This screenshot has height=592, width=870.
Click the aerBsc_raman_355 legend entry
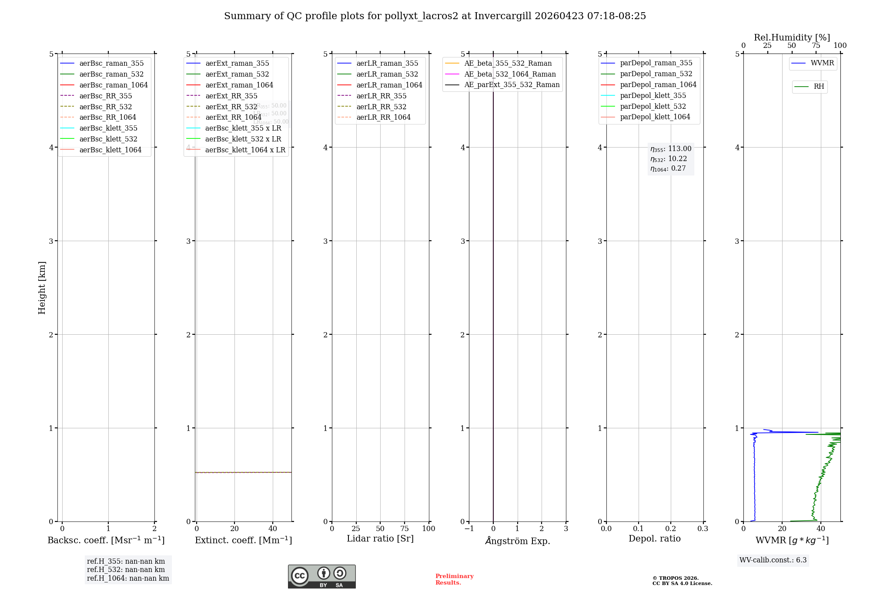click(111, 64)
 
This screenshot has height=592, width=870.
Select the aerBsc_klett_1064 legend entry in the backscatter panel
click(110, 150)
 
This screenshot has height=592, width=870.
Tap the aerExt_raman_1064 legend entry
click(239, 85)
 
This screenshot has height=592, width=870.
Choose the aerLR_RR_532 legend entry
click(381, 107)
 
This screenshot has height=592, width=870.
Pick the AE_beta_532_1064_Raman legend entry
click(510, 74)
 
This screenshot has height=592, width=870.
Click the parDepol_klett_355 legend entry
click(653, 96)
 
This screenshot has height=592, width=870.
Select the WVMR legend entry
click(822, 64)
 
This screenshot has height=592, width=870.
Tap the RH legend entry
click(819, 87)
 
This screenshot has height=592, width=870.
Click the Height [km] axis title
click(42, 288)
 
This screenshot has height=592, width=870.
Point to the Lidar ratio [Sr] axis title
click(380, 539)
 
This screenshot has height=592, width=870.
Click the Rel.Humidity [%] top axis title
click(792, 37)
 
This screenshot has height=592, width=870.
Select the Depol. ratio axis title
click(655, 539)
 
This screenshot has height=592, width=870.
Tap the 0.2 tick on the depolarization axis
click(671, 529)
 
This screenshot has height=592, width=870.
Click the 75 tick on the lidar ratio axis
click(405, 529)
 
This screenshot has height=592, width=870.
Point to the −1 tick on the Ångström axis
click(469, 529)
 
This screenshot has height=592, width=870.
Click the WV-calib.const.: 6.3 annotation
click(773, 560)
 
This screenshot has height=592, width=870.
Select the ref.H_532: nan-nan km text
click(126, 570)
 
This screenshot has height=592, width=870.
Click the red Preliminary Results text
click(454, 579)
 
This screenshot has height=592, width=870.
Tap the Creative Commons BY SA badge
click(321, 577)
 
